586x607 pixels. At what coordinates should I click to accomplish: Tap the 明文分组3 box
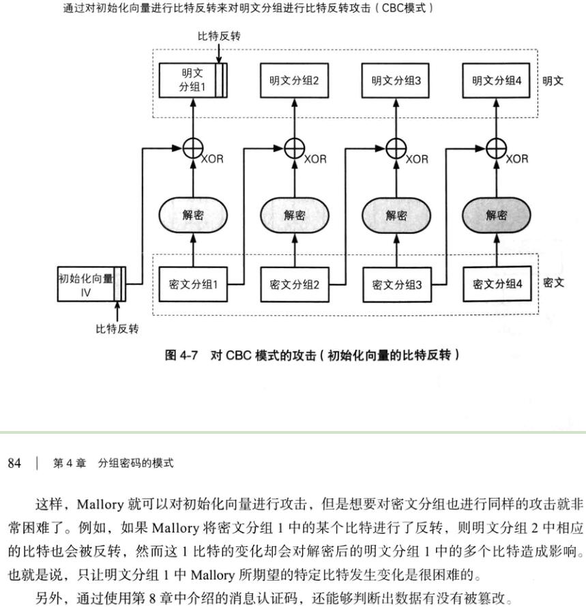click(396, 80)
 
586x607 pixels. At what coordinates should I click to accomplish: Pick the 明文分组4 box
click(497, 80)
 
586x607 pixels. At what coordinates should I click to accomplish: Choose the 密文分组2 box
click(294, 284)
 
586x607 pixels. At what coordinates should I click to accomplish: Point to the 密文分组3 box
click(396, 284)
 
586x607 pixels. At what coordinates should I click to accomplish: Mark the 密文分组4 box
click(497, 284)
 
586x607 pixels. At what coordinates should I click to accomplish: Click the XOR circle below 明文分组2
click(294, 147)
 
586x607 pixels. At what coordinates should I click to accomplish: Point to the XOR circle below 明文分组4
click(497, 147)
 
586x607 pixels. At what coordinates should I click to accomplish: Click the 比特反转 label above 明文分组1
click(219, 36)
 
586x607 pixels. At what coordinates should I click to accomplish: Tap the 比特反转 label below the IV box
click(117, 329)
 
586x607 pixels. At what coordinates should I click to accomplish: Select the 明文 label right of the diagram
click(553, 80)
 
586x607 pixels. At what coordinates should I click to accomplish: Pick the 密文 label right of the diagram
click(554, 282)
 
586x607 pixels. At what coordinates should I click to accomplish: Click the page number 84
click(14, 464)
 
